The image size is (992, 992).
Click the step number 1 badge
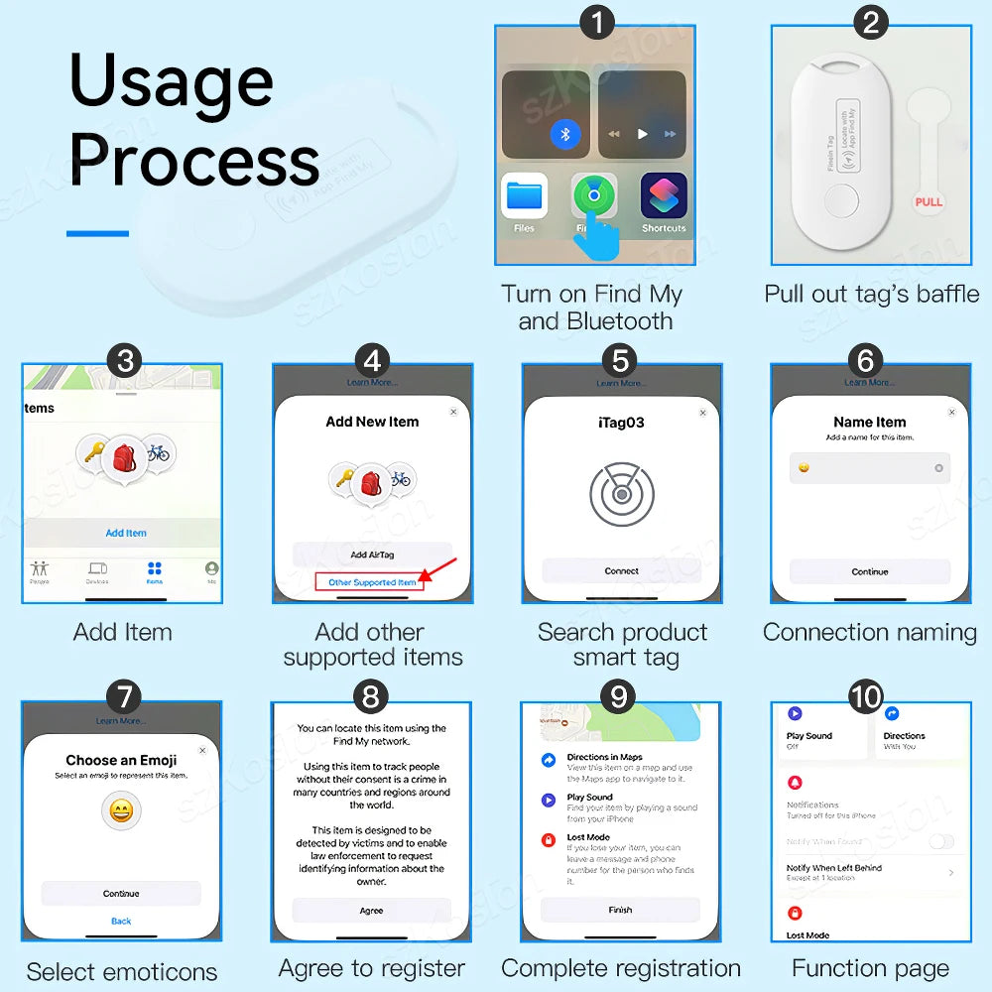coord(595,22)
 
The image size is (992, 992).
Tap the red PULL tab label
coord(929,201)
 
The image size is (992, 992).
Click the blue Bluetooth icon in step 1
coord(565,134)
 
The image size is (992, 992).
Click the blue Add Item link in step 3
coord(126,533)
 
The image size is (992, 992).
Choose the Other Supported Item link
coord(372,582)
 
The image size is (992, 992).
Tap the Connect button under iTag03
coord(621,571)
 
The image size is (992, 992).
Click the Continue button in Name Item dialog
coord(870,571)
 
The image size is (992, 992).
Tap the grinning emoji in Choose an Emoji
coord(121,812)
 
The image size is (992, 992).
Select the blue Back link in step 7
coord(121,921)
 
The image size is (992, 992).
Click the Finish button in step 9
coord(620,910)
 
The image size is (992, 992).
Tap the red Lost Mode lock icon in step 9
coord(548,840)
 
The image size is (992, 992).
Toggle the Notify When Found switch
coord(940,841)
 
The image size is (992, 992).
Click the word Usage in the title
coord(171,83)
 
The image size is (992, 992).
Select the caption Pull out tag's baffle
coord(871,294)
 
